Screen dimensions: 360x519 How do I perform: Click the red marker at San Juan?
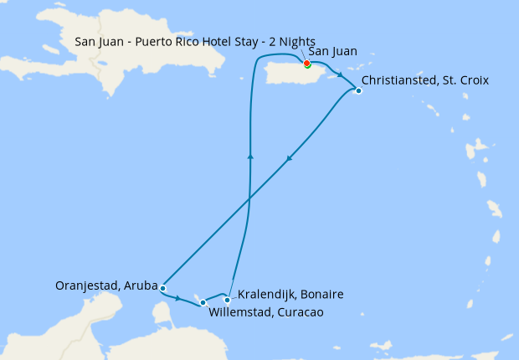click(x=307, y=63)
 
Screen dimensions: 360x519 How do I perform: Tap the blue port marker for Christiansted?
click(x=358, y=90)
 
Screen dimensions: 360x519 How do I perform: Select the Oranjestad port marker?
click(x=162, y=288)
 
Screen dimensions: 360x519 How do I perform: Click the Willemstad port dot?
click(x=203, y=302)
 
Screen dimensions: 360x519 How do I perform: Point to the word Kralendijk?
click(x=267, y=295)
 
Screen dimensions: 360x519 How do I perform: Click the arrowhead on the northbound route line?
click(x=250, y=155)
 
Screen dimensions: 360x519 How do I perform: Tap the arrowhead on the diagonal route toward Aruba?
click(x=289, y=157)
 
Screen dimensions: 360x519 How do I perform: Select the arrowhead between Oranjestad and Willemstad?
click(x=178, y=296)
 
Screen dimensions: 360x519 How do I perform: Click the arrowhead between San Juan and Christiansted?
click(x=339, y=73)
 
